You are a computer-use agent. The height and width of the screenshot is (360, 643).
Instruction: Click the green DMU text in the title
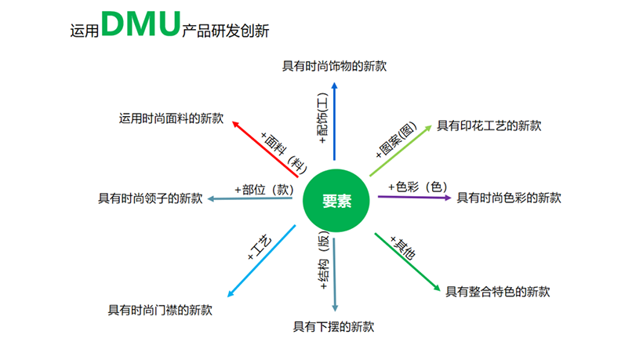(140, 24)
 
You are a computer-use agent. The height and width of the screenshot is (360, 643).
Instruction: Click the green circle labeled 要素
(336, 201)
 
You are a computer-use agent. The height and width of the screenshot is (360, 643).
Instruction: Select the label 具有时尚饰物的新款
(334, 66)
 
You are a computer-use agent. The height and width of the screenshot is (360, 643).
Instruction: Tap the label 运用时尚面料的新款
(172, 118)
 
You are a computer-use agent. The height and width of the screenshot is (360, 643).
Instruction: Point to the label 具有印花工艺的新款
(489, 125)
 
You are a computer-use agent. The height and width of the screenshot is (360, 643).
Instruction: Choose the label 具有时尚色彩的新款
(509, 198)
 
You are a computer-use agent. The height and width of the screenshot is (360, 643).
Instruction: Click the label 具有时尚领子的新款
(151, 198)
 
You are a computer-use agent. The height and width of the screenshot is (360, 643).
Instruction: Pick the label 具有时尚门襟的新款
(160, 310)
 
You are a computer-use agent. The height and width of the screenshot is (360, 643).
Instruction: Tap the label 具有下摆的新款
(333, 327)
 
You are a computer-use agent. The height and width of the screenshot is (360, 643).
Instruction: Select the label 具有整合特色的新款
(498, 292)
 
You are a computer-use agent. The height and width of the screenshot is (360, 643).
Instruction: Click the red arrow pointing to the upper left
(265, 149)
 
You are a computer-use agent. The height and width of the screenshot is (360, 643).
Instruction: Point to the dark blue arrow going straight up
(335, 121)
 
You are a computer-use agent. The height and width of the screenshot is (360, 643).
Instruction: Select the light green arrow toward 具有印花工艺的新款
(401, 151)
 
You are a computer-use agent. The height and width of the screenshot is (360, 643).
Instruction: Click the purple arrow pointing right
(415, 197)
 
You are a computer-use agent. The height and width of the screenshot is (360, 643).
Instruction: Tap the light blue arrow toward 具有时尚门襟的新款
(261, 260)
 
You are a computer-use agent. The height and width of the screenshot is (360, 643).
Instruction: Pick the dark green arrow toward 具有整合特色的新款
(407, 262)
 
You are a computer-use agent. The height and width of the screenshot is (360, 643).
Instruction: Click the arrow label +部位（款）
(264, 190)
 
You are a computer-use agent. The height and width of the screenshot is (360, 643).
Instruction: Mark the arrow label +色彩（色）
(418, 187)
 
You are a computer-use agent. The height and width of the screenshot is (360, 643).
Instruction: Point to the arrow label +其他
(403, 247)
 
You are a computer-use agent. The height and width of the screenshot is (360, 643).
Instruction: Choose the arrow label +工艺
(260, 247)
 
